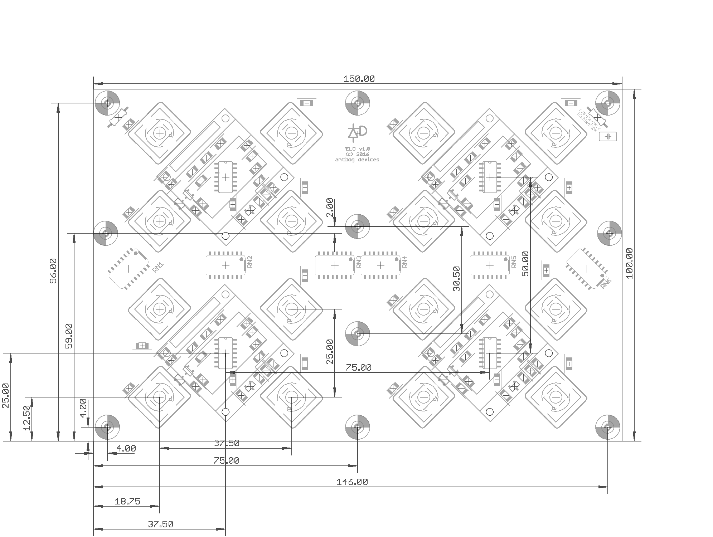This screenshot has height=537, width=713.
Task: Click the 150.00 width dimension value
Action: [359, 79]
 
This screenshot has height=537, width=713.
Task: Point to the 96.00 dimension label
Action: [53, 271]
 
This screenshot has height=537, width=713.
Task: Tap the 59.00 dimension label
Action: [69, 336]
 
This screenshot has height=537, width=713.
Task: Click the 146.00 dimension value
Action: [352, 482]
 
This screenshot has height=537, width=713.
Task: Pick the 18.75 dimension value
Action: [127, 502]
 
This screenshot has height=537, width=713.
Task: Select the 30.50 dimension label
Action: [456, 279]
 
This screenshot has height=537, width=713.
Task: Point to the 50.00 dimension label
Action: [525, 264]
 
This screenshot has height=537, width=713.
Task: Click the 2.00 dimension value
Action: [330, 208]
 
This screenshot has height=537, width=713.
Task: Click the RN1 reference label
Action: [158, 267]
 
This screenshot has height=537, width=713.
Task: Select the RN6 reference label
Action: [606, 283]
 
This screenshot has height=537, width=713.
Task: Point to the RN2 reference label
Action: [250, 262]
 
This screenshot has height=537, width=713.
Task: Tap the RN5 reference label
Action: [514, 262]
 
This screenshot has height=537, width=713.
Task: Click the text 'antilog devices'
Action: [357, 160]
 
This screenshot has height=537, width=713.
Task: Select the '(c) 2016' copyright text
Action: [357, 154]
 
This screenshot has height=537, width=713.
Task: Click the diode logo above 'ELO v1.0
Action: [357, 132]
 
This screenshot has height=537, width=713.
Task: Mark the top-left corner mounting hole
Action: [107, 103]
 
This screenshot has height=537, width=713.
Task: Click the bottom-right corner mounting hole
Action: [607, 427]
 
